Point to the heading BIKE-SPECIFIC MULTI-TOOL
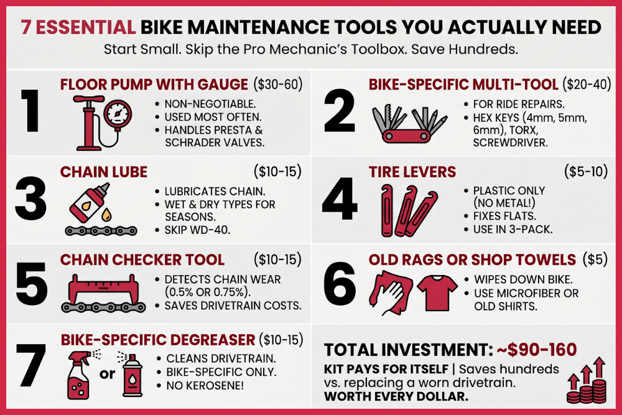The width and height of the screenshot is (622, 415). pos(463,84)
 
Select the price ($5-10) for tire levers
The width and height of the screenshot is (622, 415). pos(585,172)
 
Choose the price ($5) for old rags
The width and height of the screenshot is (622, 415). pos(595,259)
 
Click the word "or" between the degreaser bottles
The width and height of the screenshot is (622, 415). pos(106,375)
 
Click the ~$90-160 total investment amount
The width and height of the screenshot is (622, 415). pos(536,349)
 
